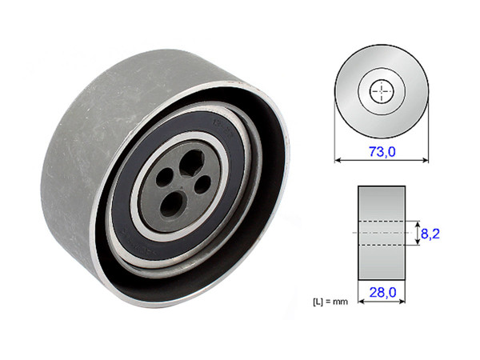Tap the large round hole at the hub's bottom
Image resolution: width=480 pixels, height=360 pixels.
pyautogui.click(x=172, y=202)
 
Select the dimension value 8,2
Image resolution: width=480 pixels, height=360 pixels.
pyautogui.click(x=432, y=234)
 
